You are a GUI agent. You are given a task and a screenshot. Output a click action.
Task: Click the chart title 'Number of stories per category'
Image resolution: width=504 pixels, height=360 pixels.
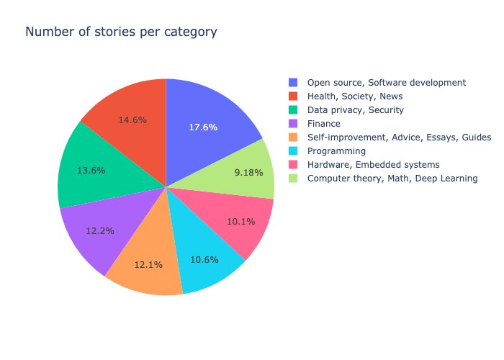121,32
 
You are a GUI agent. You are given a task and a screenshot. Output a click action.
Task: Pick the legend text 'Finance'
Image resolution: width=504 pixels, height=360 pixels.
324,124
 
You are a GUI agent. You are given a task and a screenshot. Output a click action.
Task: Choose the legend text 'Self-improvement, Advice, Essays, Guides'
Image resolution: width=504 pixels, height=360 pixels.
399,138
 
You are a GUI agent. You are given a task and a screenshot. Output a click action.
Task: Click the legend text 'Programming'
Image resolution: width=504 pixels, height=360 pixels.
336,151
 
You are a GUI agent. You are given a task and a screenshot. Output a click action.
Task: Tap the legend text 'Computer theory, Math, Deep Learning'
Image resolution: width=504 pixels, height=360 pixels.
392,179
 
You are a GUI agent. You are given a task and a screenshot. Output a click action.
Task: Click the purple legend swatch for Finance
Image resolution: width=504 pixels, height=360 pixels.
292,124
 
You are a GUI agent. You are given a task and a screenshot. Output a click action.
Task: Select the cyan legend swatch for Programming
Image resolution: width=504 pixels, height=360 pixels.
292,151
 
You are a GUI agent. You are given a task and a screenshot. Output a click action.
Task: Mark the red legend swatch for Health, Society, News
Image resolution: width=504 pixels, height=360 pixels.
292,96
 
